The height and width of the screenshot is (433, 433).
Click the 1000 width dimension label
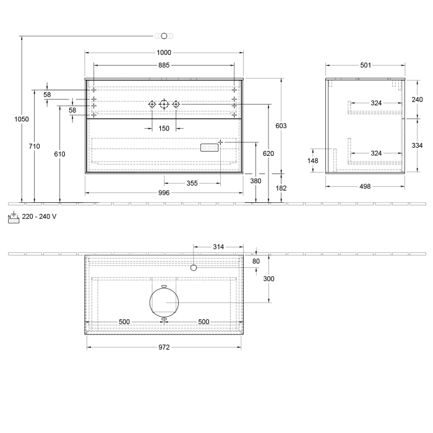tap(164, 53)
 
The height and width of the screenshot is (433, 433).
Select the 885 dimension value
tap(164, 65)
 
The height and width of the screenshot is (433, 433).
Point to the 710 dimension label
tap(34, 146)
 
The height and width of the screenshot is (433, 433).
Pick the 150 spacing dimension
tap(164, 129)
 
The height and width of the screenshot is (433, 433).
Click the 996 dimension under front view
tap(164, 193)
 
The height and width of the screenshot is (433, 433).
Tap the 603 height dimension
tap(281, 126)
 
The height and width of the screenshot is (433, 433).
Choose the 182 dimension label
tap(281, 187)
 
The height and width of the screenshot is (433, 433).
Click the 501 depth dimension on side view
tap(365, 65)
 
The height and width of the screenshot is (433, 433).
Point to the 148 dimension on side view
tap(312, 161)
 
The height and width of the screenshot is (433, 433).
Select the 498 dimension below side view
tap(365, 187)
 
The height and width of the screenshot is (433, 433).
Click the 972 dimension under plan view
tap(164, 348)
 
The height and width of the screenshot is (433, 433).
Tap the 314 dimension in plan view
tap(218, 247)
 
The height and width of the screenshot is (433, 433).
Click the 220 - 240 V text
tap(40, 216)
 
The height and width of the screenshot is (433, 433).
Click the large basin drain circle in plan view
tap(164, 302)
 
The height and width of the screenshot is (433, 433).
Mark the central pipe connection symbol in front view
tap(164, 105)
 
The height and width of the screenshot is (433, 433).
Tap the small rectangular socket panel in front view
tap(209, 147)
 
